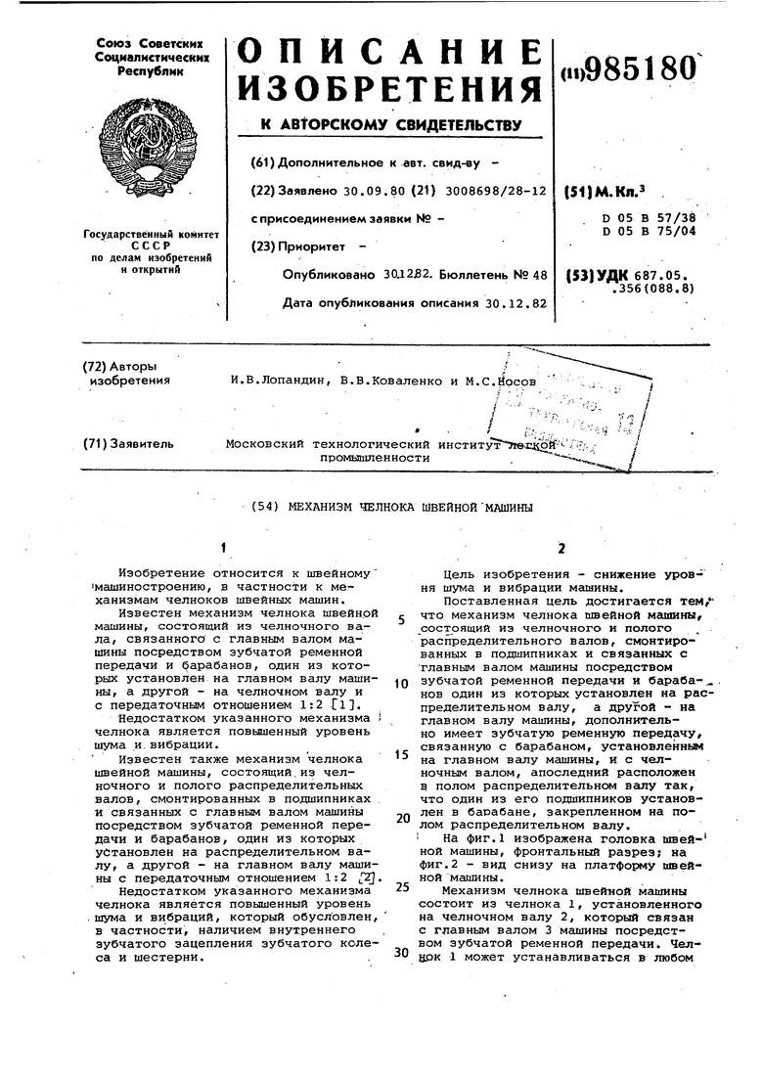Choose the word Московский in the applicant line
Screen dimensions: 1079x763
point(264,443)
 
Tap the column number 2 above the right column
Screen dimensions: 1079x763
point(561,549)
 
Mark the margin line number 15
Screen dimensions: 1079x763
point(401,754)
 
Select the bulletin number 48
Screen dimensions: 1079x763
point(538,276)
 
